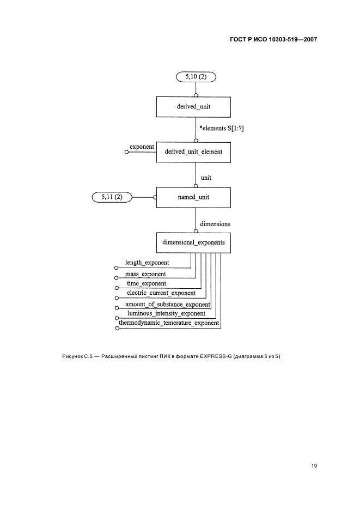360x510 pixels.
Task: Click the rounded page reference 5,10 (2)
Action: click(196, 77)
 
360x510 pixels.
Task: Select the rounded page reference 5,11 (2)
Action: click(112, 197)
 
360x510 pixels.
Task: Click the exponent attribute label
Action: click(142, 147)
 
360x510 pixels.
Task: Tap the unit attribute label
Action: click(206, 178)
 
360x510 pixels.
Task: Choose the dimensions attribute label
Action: click(215, 224)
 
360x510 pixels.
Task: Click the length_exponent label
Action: click(147, 263)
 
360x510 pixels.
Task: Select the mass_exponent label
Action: click(145, 273)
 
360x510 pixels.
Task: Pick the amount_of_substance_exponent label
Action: click(167, 303)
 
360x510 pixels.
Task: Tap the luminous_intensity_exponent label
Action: click(166, 313)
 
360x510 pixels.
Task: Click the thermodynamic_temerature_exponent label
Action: click(169, 323)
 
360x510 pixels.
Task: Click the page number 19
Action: click(314, 466)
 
